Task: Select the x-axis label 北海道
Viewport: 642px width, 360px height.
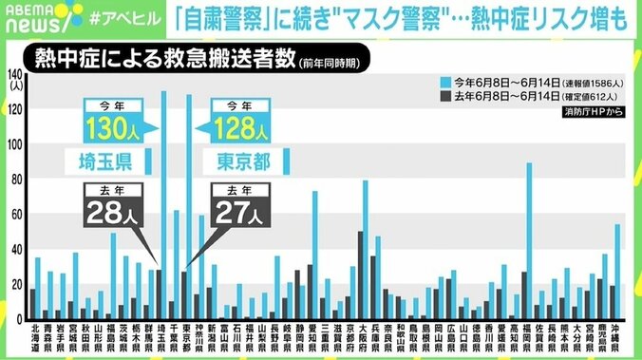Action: click(34, 338)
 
